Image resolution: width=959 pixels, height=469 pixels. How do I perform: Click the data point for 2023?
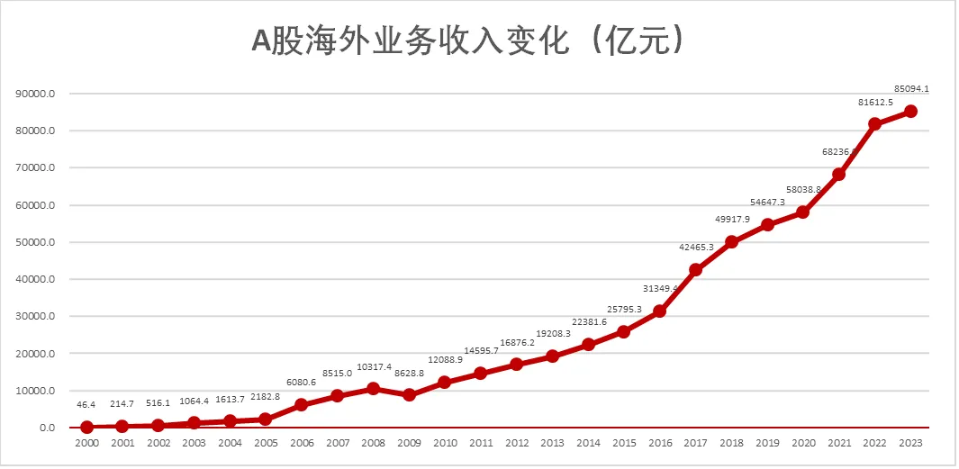(910, 111)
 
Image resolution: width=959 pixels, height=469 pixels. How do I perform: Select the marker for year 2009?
(409, 394)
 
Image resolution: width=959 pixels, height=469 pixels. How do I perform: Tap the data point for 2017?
(695, 269)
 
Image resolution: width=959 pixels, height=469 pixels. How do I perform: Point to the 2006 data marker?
(302, 404)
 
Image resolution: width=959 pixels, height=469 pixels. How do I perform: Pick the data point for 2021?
(838, 174)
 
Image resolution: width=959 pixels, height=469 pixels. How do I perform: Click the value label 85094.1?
(911, 89)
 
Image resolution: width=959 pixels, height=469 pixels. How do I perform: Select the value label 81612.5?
(875, 103)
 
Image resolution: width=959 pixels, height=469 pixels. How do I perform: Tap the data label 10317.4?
(374, 367)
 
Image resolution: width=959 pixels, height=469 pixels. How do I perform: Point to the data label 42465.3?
(696, 248)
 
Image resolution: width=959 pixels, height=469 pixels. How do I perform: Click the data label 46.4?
(86, 406)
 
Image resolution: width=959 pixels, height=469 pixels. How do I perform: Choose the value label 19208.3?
(553, 334)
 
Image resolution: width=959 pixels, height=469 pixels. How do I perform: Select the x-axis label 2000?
(86, 444)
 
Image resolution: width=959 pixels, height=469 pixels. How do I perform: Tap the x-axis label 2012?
(516, 444)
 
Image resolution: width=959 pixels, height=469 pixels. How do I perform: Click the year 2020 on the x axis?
(803, 444)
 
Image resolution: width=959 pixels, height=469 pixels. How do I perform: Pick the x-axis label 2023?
(910, 444)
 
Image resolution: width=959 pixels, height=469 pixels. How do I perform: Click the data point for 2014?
(588, 344)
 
